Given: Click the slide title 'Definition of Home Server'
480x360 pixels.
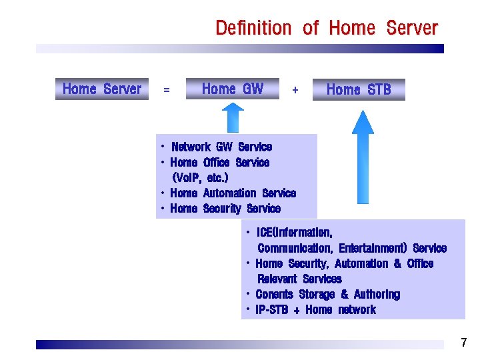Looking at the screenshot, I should (x=326, y=28).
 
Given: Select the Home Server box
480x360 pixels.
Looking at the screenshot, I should (x=101, y=89).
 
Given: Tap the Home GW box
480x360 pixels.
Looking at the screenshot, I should (x=232, y=89).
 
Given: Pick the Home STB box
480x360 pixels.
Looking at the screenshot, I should (x=359, y=89).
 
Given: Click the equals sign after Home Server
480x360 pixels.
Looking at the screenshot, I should (x=167, y=90).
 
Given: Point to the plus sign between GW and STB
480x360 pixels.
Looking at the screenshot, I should (x=295, y=89).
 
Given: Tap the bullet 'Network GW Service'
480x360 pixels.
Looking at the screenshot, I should (x=221, y=147).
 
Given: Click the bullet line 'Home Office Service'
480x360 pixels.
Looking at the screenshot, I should (x=219, y=162).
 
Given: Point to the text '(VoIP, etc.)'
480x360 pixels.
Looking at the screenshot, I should (x=200, y=178).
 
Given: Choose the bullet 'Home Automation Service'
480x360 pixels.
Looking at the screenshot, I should (x=233, y=193).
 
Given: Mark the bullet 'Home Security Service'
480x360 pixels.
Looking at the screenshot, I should (x=225, y=209).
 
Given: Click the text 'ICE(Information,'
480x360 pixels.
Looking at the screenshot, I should (x=294, y=233).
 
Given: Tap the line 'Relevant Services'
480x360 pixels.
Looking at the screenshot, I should (x=299, y=279).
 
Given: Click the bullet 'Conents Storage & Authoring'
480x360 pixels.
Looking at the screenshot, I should (x=327, y=295).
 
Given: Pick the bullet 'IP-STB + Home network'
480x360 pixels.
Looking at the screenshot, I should (x=315, y=310).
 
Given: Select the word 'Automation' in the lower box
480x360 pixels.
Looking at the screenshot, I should (x=361, y=264).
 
